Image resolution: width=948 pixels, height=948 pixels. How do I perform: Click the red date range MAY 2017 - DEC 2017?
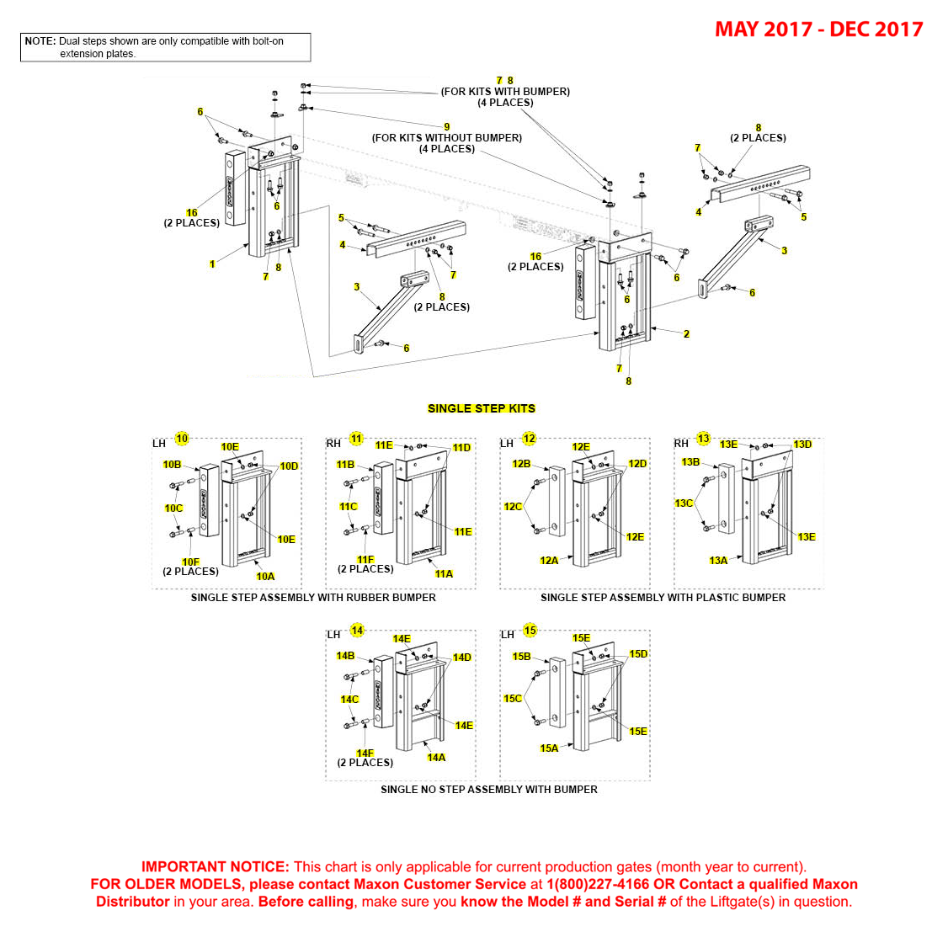click(x=818, y=29)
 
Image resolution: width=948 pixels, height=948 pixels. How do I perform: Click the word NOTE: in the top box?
click(x=40, y=41)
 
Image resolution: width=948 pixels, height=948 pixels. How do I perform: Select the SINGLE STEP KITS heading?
click(x=481, y=408)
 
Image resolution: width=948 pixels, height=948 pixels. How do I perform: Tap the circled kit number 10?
click(x=182, y=439)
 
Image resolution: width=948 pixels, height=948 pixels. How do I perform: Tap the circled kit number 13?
click(x=704, y=439)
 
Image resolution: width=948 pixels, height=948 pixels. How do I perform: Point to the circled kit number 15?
click(x=530, y=630)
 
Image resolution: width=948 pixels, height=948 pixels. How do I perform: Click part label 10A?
click(x=265, y=577)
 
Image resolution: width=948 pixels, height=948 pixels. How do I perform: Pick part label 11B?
click(x=345, y=465)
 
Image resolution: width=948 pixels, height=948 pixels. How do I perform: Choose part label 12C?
click(x=513, y=507)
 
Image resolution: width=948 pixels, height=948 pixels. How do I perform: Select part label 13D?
click(x=802, y=445)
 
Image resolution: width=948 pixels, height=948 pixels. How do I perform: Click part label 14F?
click(x=365, y=754)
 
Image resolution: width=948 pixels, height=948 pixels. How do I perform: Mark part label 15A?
click(x=549, y=748)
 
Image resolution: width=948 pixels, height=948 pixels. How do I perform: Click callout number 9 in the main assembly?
click(x=447, y=127)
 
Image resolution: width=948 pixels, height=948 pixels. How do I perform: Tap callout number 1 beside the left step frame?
click(x=212, y=264)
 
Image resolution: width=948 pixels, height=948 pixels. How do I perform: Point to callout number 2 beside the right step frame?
click(x=686, y=334)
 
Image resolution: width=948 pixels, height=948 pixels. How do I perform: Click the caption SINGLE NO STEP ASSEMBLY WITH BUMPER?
click(x=488, y=790)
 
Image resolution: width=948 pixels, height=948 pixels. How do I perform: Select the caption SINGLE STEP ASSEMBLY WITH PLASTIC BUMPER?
click(x=663, y=598)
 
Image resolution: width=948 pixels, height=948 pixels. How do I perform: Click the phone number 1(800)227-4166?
click(x=598, y=884)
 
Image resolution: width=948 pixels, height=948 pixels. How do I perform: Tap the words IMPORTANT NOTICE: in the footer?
click(x=215, y=866)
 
